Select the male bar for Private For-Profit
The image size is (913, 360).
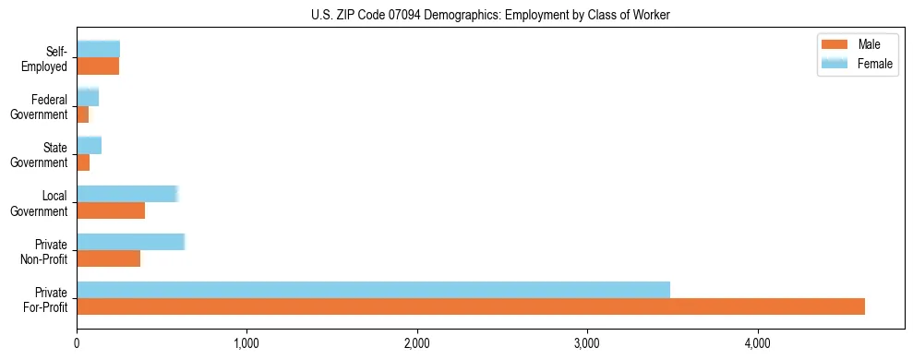(470, 306)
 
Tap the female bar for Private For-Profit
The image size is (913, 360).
(373, 290)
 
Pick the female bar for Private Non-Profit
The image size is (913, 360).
(130, 242)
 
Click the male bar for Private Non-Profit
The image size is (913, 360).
(108, 258)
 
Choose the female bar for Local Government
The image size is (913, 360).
(126, 194)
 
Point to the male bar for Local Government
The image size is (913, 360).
(111, 210)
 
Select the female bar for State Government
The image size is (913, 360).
(89, 145)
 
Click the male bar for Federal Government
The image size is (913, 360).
(82, 114)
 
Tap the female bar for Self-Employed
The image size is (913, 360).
(98, 49)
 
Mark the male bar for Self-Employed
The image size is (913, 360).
(98, 66)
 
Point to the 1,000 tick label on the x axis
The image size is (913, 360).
(246, 344)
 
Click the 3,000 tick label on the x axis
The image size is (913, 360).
(587, 344)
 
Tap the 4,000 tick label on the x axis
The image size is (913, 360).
(757, 344)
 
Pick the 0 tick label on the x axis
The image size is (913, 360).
(77, 344)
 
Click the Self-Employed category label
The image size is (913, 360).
(48, 58)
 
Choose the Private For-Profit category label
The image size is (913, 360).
(45, 299)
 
